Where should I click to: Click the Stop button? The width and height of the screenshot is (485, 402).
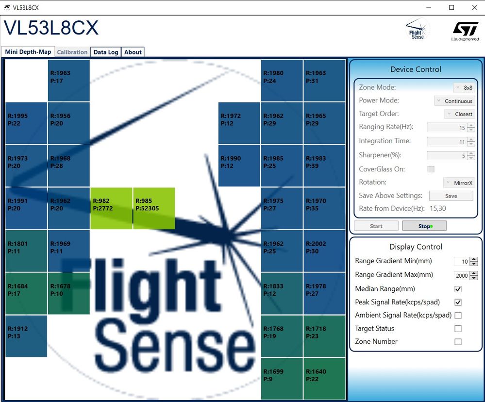(x=424, y=226)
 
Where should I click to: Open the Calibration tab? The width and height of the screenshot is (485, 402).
(x=72, y=52)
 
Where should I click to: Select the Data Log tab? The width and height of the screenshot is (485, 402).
(x=106, y=52)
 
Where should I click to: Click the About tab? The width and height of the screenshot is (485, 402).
(x=133, y=52)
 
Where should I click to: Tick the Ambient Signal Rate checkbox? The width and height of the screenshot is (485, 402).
(x=458, y=316)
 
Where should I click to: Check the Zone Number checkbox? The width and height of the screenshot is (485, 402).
(x=458, y=342)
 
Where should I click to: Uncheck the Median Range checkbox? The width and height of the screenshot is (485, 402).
(x=458, y=289)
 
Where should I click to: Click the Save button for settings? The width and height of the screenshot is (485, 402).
(x=451, y=196)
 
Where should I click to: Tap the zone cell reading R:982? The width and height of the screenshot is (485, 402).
(x=111, y=208)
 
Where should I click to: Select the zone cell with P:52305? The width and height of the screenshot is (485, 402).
(x=154, y=208)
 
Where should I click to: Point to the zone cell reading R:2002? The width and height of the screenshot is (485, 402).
(x=324, y=251)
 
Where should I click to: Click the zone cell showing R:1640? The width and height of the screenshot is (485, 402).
(x=324, y=379)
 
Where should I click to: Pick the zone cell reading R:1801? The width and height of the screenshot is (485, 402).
(x=26, y=251)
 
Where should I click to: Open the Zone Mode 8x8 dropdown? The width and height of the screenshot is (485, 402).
(x=464, y=87)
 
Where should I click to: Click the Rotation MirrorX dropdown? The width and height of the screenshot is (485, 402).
(x=459, y=183)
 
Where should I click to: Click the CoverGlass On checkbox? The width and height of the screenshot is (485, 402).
(x=431, y=169)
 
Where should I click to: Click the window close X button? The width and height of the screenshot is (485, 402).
(x=474, y=7)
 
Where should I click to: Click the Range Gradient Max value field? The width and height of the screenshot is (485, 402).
(x=462, y=275)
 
